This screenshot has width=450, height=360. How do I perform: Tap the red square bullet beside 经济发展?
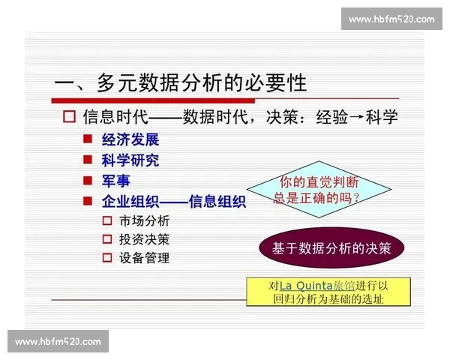point(88,139)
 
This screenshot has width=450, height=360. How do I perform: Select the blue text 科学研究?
point(130,160)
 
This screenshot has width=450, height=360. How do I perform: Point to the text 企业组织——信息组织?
point(174,201)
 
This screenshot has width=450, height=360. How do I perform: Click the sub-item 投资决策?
point(144,239)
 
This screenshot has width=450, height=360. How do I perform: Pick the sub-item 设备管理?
point(144,258)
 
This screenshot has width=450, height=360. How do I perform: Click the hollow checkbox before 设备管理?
point(106,258)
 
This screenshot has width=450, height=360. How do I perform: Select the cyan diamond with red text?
point(319,190)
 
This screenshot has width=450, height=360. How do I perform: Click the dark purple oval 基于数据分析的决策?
point(331,248)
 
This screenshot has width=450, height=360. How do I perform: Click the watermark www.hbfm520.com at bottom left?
point(58,341)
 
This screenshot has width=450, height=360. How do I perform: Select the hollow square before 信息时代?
point(70,117)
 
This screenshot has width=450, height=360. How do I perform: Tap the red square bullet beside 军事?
point(88,181)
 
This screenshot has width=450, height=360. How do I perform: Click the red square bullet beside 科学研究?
point(88,160)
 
